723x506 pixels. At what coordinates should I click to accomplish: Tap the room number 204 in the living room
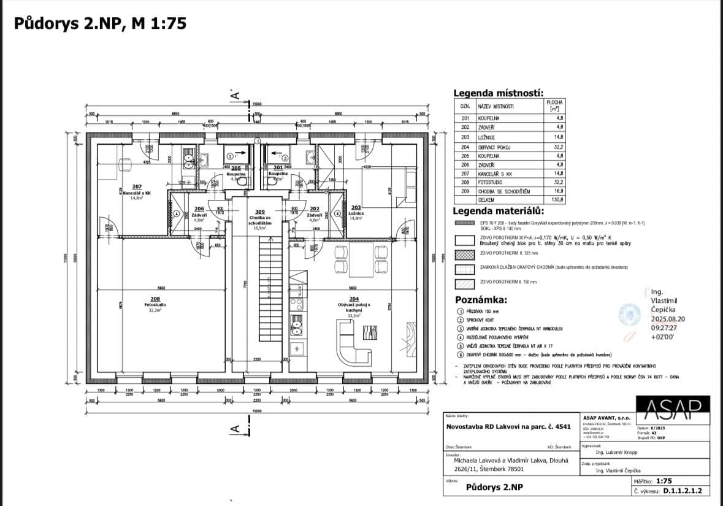coord(353,299)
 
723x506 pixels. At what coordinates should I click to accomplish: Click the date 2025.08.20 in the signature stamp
coord(668,319)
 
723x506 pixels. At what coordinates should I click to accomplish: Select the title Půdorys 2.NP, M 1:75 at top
coord(100,23)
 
